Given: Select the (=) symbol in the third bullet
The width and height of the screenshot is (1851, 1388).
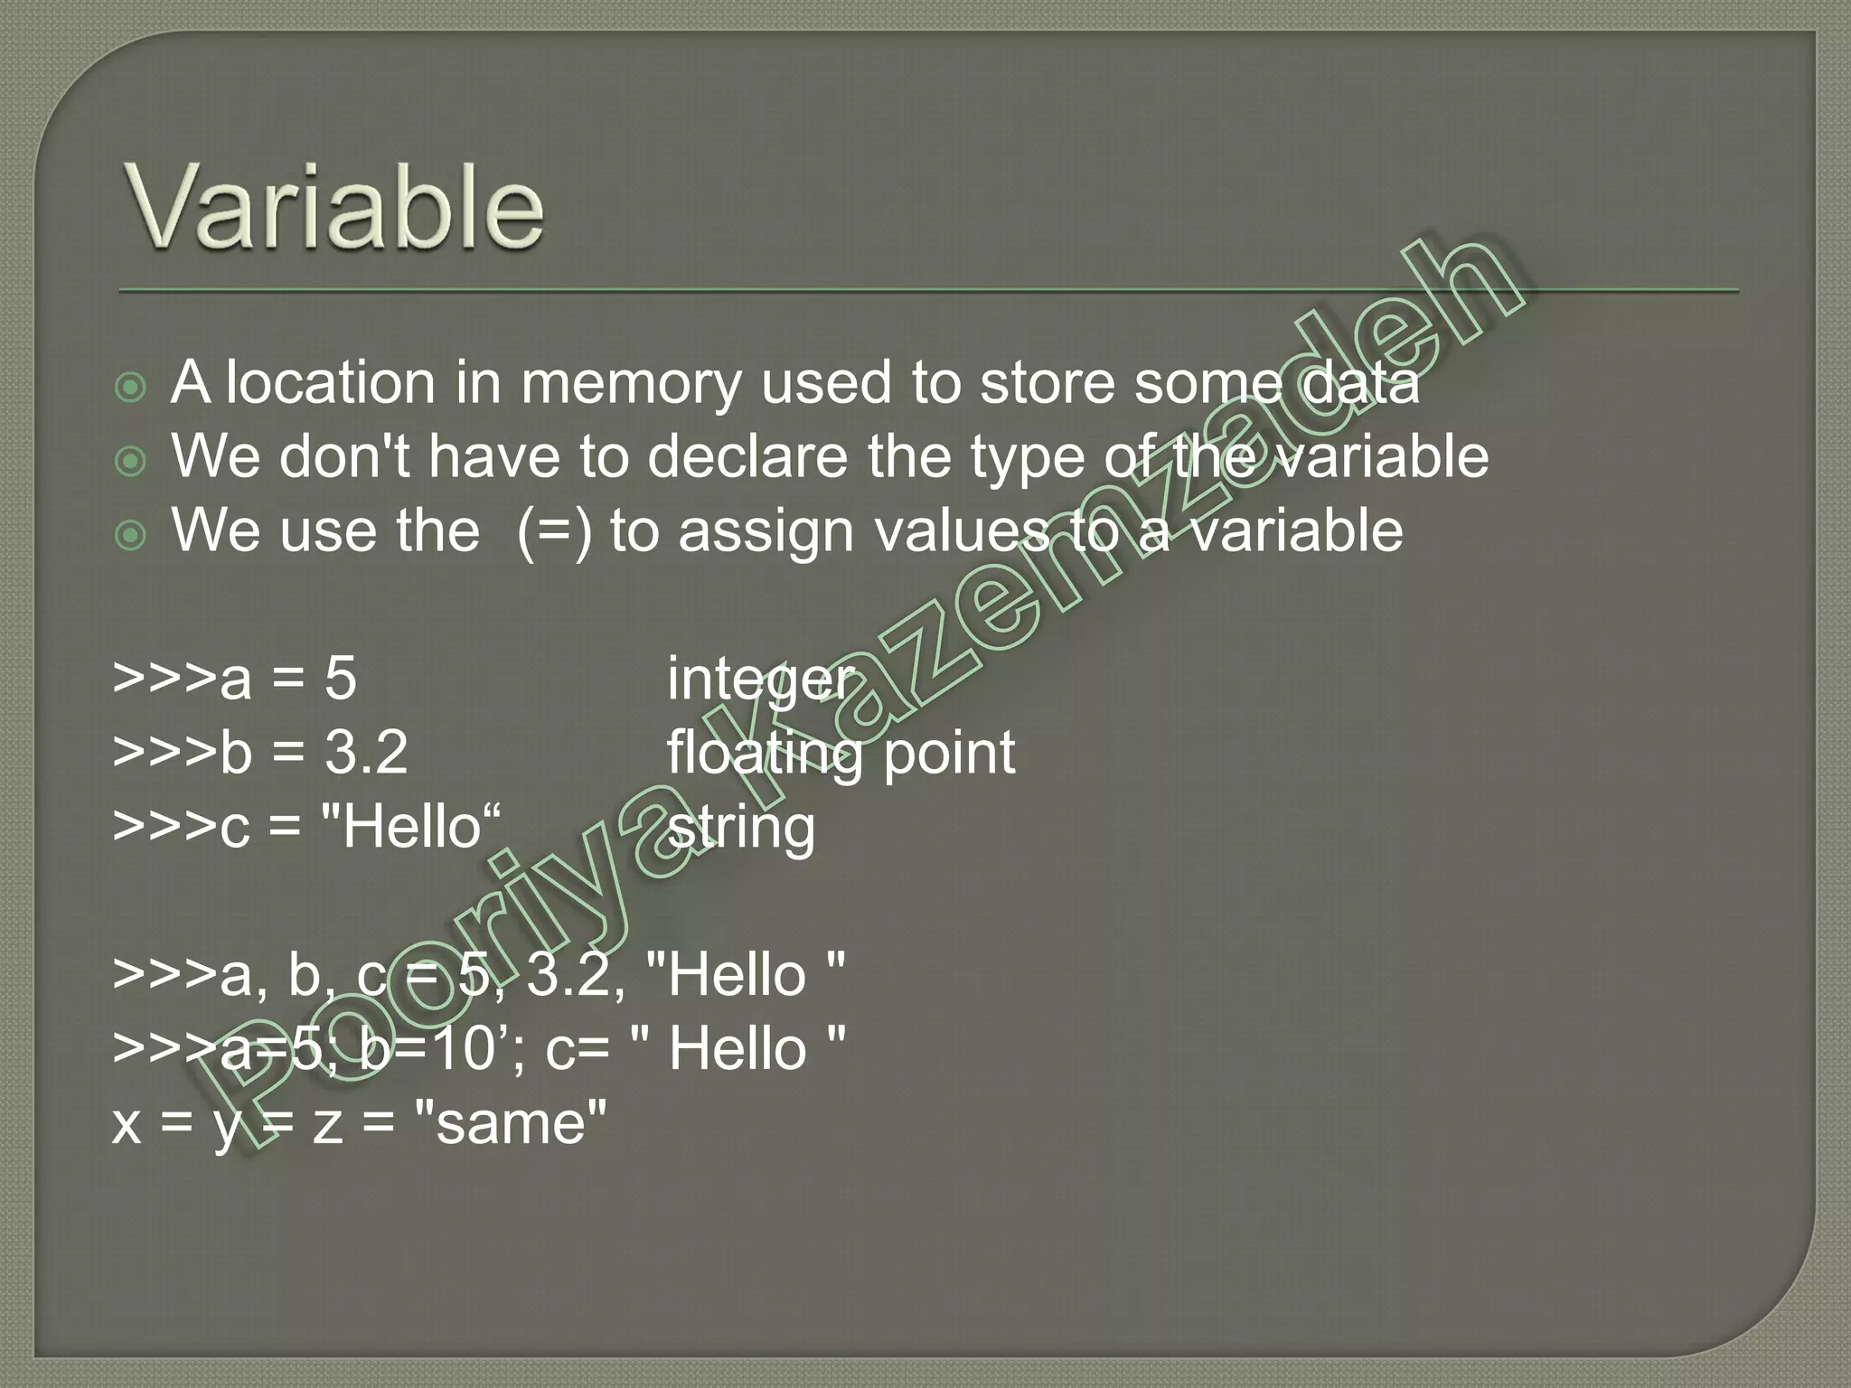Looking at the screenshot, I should pos(554,530).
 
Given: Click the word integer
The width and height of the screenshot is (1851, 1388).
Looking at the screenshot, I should pos(759,679).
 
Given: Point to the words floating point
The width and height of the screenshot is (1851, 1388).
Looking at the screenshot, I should pos(841,753).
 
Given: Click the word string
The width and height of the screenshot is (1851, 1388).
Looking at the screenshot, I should pos(741,828).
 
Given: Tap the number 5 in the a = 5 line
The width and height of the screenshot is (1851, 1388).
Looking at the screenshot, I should pos(341,679).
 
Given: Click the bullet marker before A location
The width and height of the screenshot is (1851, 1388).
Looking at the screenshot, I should pos(131,388).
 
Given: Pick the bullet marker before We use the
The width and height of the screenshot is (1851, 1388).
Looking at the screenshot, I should pos(131,535).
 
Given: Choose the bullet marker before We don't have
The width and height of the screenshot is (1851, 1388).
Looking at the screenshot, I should pos(131,461).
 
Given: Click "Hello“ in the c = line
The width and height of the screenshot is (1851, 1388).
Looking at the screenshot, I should pos(411,827).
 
